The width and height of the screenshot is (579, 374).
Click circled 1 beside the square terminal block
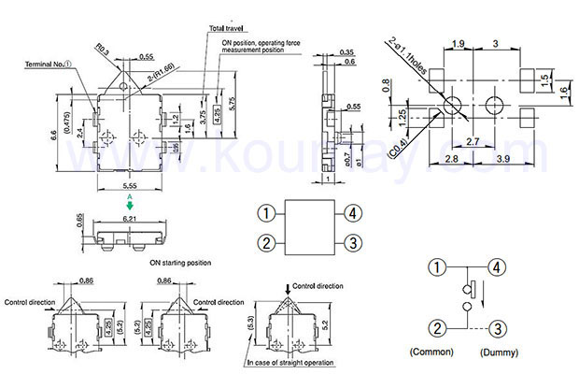pos(266,213)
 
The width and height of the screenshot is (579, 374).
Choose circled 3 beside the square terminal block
pos(353,243)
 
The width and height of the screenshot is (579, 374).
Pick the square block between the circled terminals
pos(309,228)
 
